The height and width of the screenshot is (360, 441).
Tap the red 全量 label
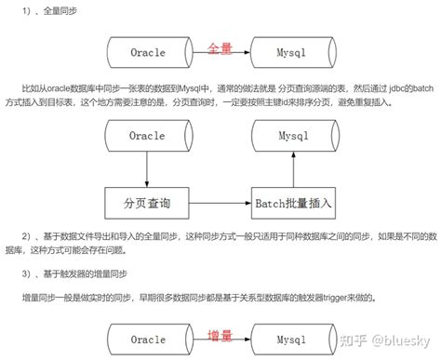[x=220, y=46]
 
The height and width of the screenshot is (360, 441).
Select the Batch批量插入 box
[x=293, y=202]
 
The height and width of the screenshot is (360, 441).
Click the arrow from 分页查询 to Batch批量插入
[x=220, y=202]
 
